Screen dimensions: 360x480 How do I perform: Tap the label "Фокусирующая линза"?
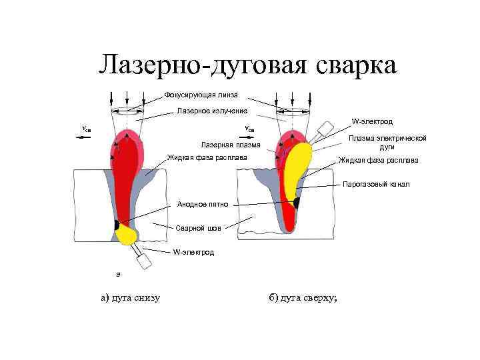pos(201,95)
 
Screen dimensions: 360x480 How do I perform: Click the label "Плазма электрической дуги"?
pos(387,142)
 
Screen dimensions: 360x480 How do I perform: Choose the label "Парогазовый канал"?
pos(377,184)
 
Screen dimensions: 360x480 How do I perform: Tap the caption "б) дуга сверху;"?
pos(303,297)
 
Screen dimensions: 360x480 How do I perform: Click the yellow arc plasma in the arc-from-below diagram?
pos(126,233)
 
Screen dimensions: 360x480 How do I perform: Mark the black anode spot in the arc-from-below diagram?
pos(117,224)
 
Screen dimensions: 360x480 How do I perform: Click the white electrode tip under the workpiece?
pos(142,253)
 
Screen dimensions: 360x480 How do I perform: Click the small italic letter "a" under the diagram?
pos(118,274)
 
